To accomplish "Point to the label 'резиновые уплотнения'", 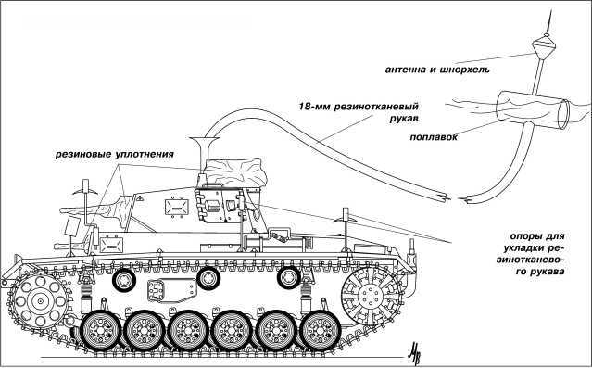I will click(115, 152).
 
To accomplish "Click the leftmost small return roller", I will click(123, 278).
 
